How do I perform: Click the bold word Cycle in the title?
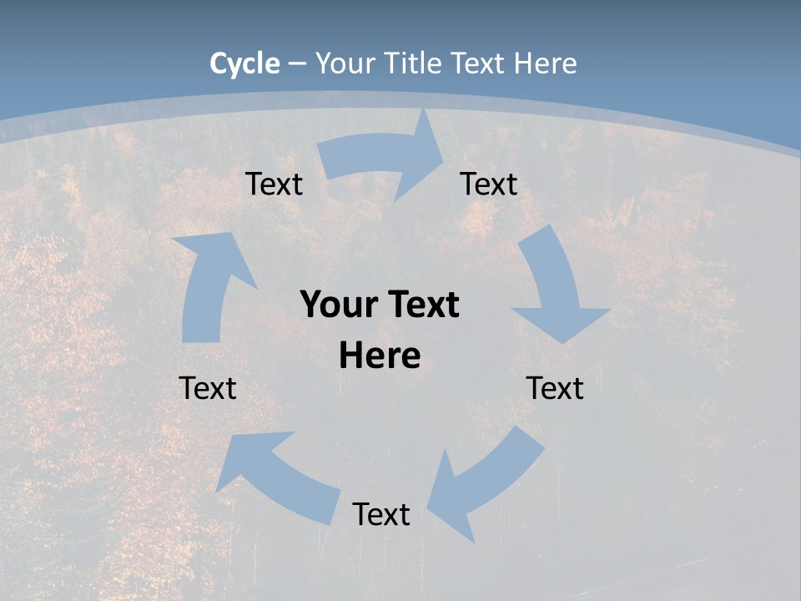click(244, 63)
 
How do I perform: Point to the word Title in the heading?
click(412, 63)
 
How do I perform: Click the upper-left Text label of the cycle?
click(275, 184)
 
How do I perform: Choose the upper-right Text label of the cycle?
click(489, 184)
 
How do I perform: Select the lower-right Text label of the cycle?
click(555, 388)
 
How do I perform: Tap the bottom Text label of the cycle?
click(381, 514)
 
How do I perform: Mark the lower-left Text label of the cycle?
click(208, 388)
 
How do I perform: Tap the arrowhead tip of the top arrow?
click(442, 164)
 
